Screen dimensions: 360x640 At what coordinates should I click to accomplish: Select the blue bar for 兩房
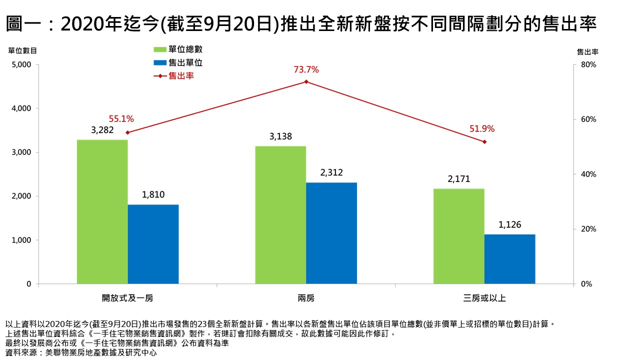(x=331, y=233)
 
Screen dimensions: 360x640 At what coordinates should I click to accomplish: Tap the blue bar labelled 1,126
(x=509, y=259)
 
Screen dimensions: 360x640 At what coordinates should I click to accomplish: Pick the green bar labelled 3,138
(x=280, y=215)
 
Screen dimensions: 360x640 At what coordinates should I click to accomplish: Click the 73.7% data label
(x=306, y=70)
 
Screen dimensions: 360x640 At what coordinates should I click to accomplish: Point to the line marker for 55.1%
(x=127, y=132)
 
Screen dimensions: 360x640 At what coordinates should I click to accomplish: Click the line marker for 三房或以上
(x=484, y=142)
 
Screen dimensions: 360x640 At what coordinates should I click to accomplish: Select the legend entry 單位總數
(x=178, y=49)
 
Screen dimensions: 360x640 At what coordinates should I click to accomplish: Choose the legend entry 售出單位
(x=178, y=62)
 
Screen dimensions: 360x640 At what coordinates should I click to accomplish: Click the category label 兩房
(x=306, y=298)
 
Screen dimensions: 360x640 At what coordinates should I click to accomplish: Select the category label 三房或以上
(x=484, y=298)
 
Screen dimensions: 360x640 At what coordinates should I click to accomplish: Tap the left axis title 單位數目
(x=22, y=50)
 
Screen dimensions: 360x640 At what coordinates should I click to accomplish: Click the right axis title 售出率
(x=588, y=51)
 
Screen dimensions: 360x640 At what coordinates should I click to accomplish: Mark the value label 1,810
(x=153, y=195)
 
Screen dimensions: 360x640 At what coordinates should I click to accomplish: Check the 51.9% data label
(x=482, y=129)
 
